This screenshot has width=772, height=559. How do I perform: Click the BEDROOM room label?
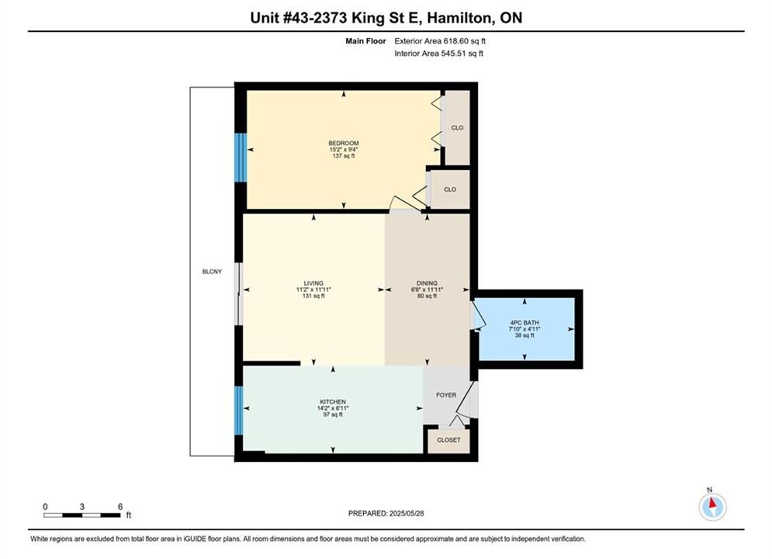344,144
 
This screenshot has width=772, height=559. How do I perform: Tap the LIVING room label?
313,283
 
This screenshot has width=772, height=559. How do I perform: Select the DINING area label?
427,283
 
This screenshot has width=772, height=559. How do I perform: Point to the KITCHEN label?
333,402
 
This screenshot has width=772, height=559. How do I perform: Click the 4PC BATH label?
524,323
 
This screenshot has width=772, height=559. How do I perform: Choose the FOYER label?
446,395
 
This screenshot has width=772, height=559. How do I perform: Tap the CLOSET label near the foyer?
448,439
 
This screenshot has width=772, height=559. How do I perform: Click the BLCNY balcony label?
212,272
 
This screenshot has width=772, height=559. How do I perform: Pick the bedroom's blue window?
241,158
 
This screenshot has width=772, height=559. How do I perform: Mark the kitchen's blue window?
239,411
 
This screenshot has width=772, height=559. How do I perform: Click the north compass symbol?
712,506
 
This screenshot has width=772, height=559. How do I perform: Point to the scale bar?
81,516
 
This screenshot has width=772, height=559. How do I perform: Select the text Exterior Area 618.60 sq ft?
440,41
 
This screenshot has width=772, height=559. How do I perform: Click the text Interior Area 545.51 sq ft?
438,54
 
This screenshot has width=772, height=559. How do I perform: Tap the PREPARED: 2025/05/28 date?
386,513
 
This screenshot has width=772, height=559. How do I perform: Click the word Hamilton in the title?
459,18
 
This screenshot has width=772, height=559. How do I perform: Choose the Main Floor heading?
365,41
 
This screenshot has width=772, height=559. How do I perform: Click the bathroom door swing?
479,315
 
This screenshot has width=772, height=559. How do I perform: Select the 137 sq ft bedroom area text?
344,155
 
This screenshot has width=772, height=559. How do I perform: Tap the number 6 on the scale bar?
120,506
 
